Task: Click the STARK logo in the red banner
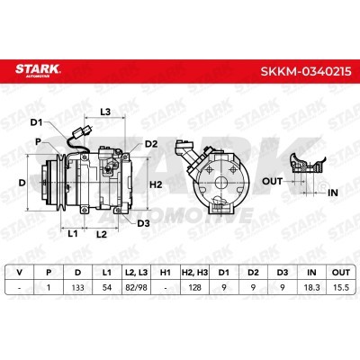38,70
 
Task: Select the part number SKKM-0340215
306,71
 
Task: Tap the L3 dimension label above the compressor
105,112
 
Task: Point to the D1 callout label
37,122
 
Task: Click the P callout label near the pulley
38,141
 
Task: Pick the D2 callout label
151,144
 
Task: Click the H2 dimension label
156,184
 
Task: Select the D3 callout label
143,223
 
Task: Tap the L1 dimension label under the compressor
72,233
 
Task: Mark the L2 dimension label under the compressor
102,234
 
